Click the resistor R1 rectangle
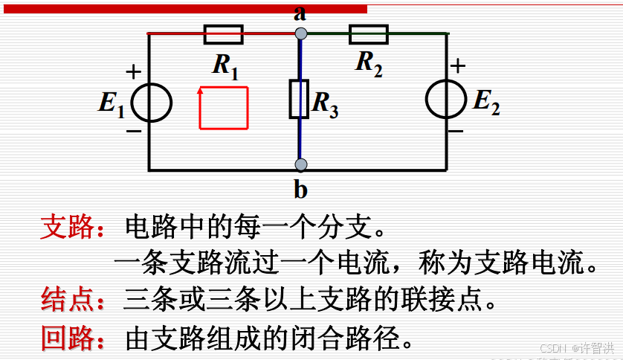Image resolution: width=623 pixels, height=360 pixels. (223, 34)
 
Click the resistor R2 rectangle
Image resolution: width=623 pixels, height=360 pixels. (369, 34)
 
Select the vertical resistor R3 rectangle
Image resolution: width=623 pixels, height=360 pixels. (299, 99)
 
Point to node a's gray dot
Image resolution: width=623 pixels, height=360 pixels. (300, 33)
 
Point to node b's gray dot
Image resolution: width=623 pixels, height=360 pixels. (300, 164)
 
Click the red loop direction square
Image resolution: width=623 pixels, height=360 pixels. (223, 108)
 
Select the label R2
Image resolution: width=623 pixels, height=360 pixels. (369, 62)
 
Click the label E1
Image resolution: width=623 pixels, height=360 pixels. (112, 103)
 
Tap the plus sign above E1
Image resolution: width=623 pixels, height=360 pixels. (133, 72)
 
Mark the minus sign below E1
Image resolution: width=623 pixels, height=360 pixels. (133, 132)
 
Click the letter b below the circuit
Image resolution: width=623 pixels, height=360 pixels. (300, 190)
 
